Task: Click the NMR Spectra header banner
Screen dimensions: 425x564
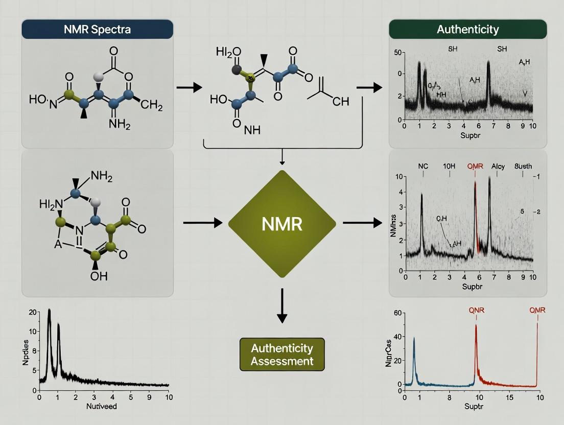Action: pyautogui.click(x=97, y=29)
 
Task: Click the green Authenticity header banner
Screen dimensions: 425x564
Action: pyautogui.click(x=467, y=29)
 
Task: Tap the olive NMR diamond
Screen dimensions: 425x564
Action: pyautogui.click(x=282, y=224)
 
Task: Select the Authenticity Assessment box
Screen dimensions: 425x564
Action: pyautogui.click(x=282, y=354)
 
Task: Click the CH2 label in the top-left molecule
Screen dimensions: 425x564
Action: pyautogui.click(x=151, y=106)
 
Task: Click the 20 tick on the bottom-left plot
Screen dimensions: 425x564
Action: pyautogui.click(x=32, y=313)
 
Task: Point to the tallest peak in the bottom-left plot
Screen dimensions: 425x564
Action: pyautogui.click(x=49, y=310)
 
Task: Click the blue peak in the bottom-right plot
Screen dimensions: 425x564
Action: pyautogui.click(x=414, y=339)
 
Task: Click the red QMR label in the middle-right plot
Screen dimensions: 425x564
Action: pyautogui.click(x=475, y=166)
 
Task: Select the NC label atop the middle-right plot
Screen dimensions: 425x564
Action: pyautogui.click(x=422, y=166)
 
